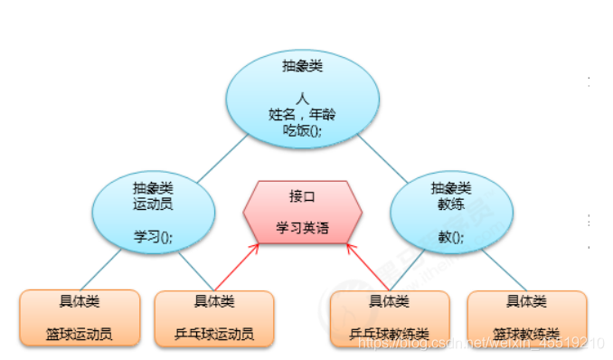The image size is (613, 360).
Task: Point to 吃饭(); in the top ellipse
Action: (301, 130)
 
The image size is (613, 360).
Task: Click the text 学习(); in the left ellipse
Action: (153, 236)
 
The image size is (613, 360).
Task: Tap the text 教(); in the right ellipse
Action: (450, 237)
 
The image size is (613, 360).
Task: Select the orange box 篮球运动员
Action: (80, 317)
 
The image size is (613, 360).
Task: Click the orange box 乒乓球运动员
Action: (214, 317)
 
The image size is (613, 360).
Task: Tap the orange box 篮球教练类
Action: (526, 317)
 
